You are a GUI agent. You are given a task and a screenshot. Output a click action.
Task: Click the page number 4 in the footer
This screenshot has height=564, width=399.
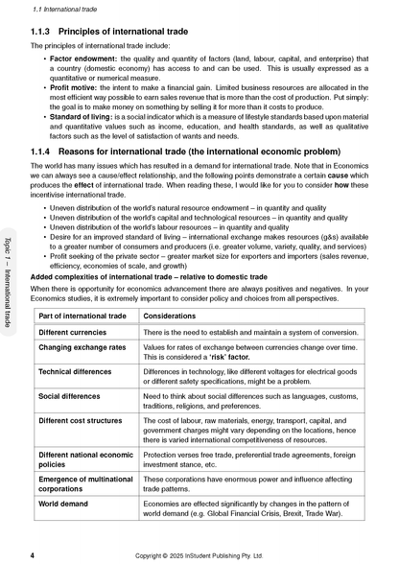(x=34, y=554)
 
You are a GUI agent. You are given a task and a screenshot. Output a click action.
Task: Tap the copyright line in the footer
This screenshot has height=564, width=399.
(x=200, y=554)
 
